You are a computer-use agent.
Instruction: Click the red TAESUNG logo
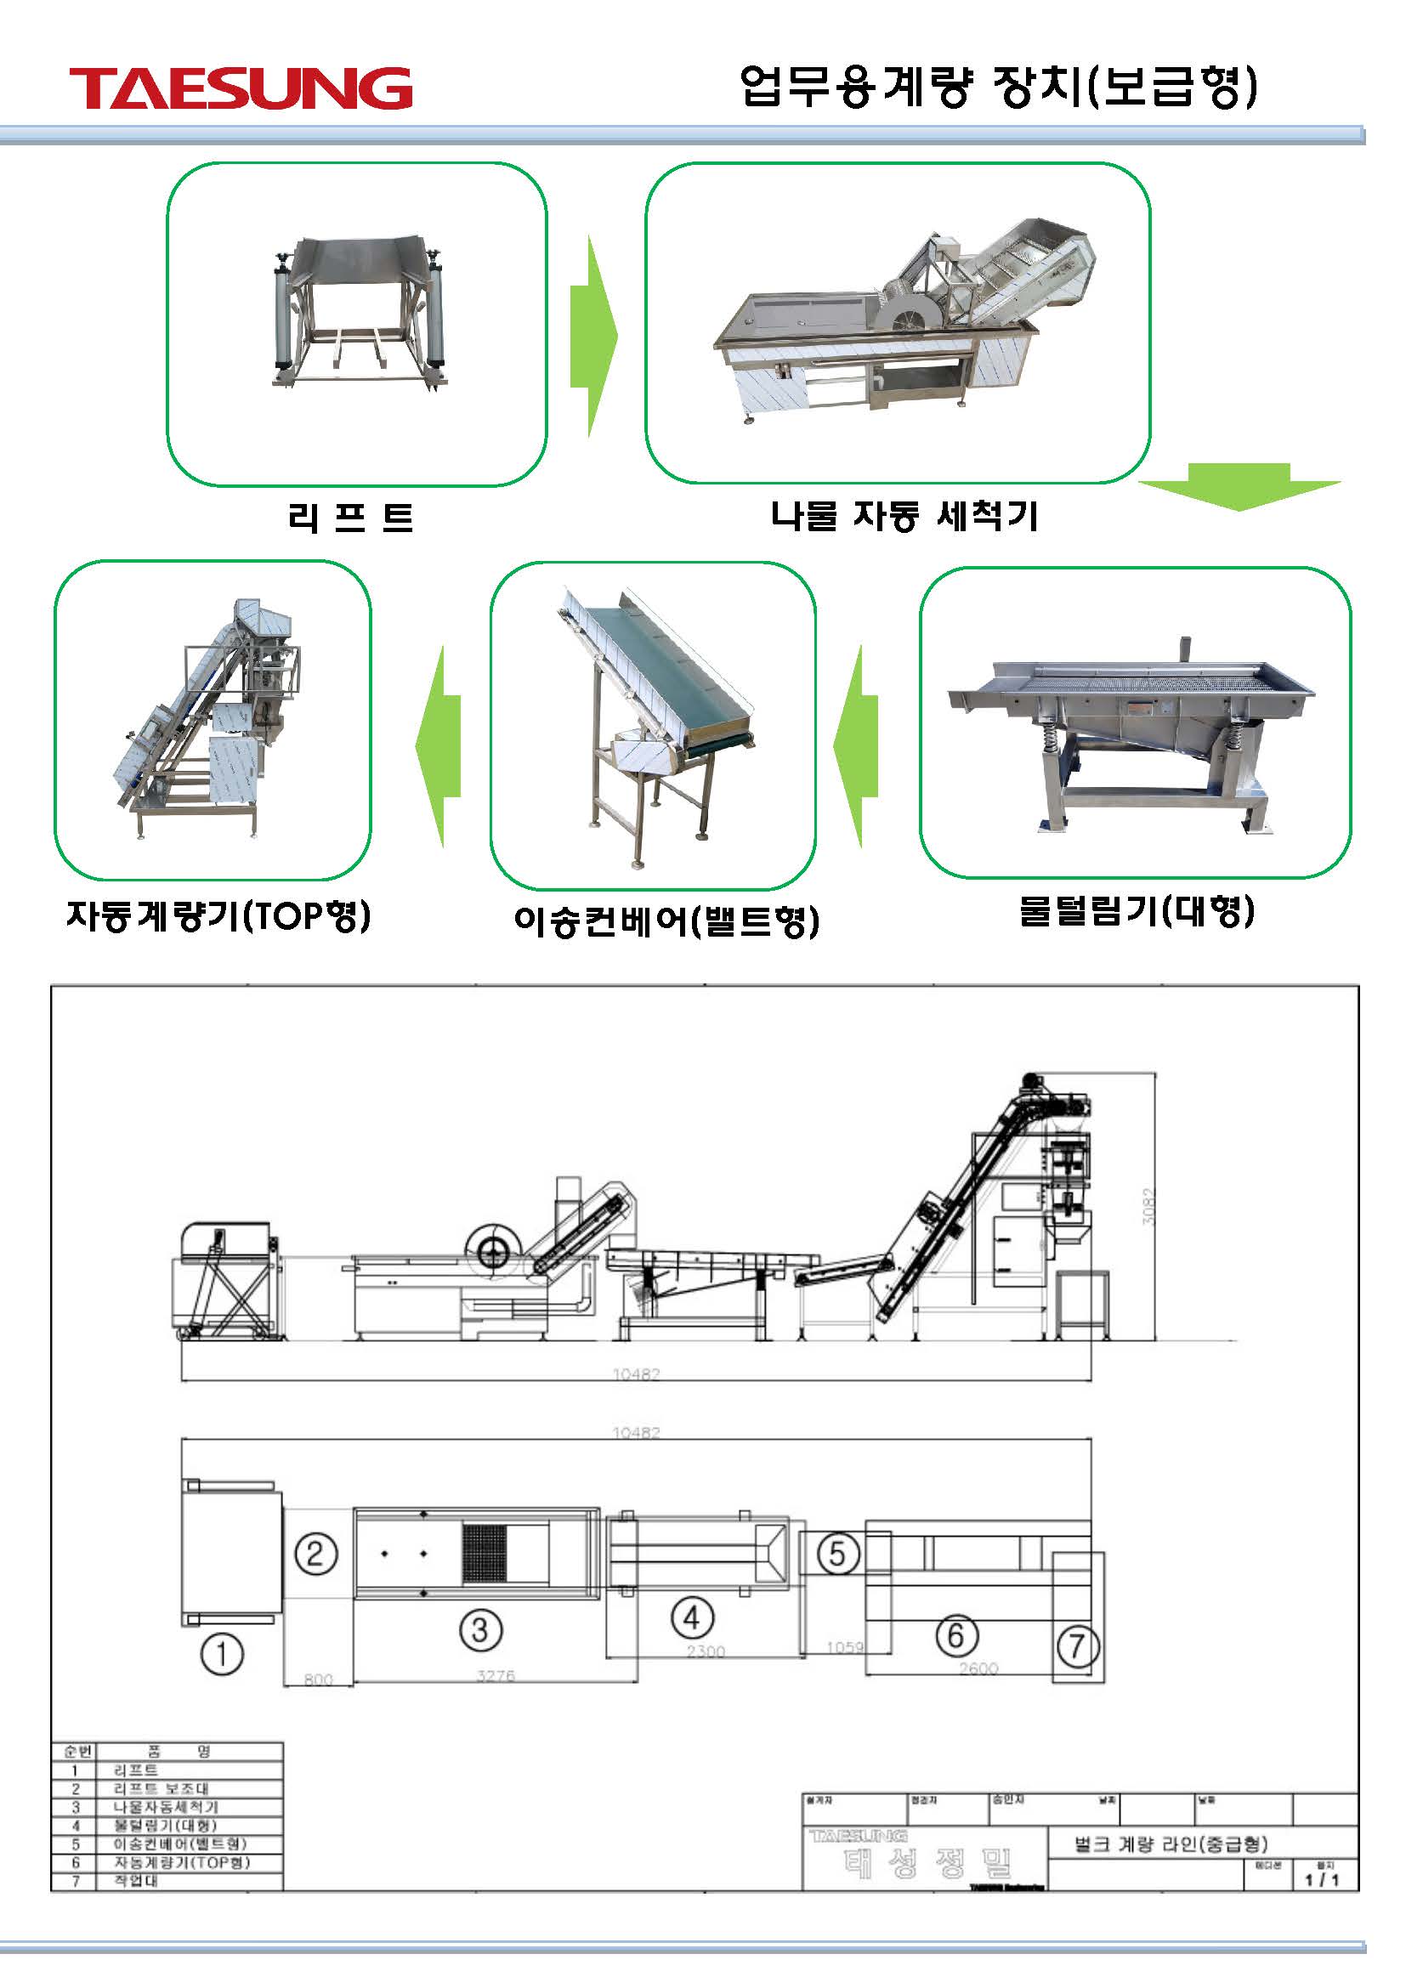click(241, 88)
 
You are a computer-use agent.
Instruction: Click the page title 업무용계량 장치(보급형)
click(998, 87)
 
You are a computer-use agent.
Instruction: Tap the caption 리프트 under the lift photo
click(350, 517)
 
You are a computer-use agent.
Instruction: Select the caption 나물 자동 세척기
click(904, 516)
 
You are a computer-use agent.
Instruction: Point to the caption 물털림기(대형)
click(1136, 911)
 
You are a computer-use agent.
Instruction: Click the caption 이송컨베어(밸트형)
click(666, 920)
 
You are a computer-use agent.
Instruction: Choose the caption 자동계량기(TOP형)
click(219, 915)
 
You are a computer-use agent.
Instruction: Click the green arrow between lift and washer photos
click(594, 336)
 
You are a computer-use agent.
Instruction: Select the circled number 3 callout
click(480, 1629)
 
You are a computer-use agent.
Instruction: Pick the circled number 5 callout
click(836, 1554)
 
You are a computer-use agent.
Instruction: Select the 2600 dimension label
click(978, 1668)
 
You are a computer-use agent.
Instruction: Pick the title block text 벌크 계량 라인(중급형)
click(1171, 1843)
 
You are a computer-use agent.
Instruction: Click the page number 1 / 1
click(1321, 1880)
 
